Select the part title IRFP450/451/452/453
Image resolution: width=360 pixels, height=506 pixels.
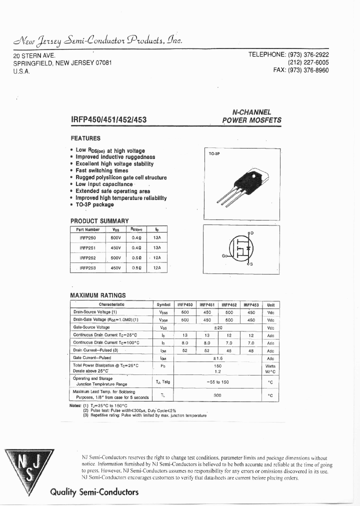coord(108,120)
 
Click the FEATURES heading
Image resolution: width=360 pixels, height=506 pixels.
coord(85,138)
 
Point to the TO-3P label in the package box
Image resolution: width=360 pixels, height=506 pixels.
coord(214,154)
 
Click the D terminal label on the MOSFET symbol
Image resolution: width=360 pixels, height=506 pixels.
coord(252,233)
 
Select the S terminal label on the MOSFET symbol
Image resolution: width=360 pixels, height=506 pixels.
coord(251,263)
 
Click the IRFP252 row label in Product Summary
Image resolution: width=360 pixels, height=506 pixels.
coord(87,257)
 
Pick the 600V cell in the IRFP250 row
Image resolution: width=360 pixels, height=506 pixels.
coord(115,238)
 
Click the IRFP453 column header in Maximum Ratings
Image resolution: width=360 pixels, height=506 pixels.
coord(251,304)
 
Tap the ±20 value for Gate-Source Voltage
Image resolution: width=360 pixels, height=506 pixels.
coord(217,327)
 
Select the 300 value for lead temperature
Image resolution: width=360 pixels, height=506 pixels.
coord(217,395)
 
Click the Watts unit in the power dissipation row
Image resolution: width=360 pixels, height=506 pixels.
coord(270,366)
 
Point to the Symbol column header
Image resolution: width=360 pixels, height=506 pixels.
coord(163,304)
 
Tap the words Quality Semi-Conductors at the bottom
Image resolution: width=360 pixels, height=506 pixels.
coord(94,492)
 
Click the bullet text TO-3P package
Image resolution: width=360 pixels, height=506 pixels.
coord(94,204)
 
